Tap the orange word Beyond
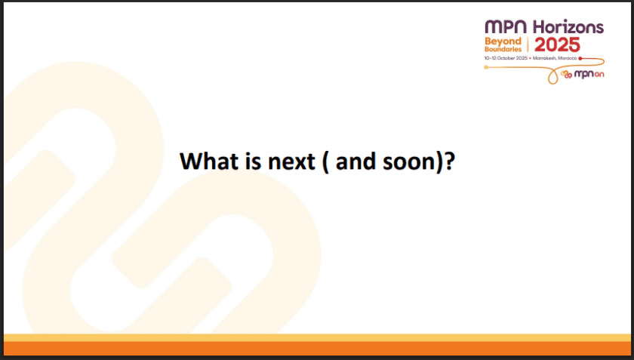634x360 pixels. tap(503, 41)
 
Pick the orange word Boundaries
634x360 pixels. tap(503, 48)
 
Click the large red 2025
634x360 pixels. tap(558, 45)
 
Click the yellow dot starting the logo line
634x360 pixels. tap(486, 68)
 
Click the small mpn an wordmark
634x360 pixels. tap(589, 74)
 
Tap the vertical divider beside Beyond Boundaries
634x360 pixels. tap(528, 45)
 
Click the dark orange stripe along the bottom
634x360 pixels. tap(317, 348)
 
